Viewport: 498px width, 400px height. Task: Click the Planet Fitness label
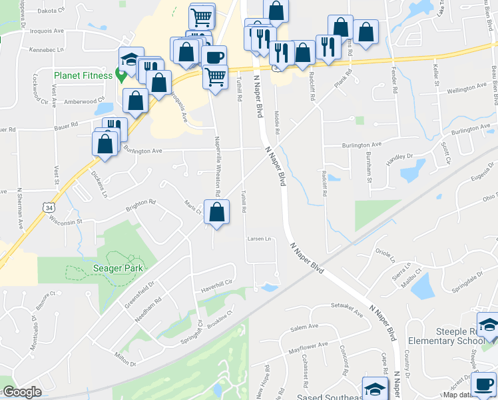tap(83, 75)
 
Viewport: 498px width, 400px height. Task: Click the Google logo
tap(22, 392)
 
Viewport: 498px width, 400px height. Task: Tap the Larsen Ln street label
tap(259, 239)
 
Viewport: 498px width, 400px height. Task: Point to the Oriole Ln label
tap(385, 255)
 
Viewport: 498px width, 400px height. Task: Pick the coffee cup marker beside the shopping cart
tap(214, 57)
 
